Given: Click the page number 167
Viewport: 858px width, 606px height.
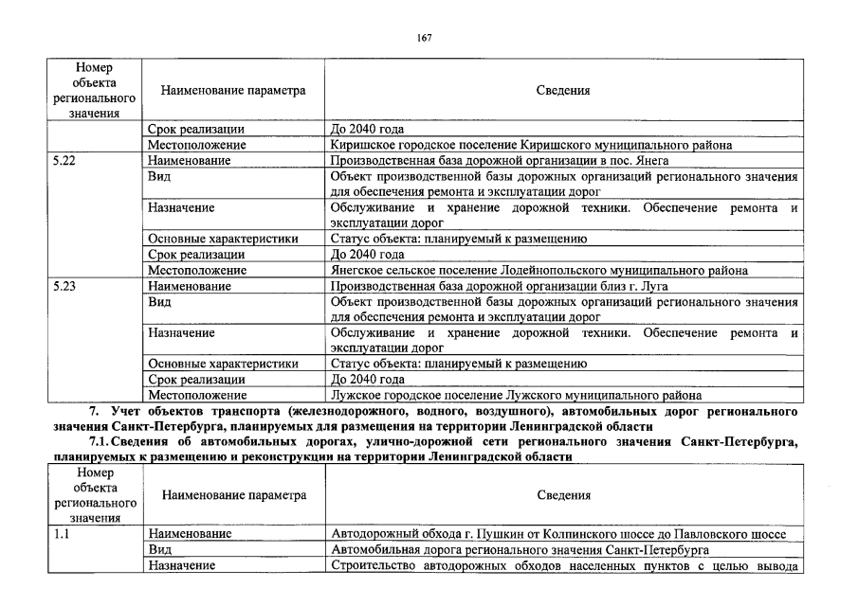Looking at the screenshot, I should click(424, 37).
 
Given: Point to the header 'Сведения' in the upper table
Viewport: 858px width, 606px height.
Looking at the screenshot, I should click(563, 91).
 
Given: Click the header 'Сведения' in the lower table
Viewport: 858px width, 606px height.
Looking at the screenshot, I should click(563, 495).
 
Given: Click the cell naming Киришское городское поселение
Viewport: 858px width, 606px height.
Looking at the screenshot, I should click(532, 145).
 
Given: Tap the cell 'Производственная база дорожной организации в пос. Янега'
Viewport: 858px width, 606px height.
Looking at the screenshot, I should click(500, 161).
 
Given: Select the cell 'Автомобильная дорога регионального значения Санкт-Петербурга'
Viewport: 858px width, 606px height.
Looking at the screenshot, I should click(520, 549).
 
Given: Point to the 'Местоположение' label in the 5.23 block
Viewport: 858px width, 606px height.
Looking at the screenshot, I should click(197, 395).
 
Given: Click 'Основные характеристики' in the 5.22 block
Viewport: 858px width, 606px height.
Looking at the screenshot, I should click(223, 239).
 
